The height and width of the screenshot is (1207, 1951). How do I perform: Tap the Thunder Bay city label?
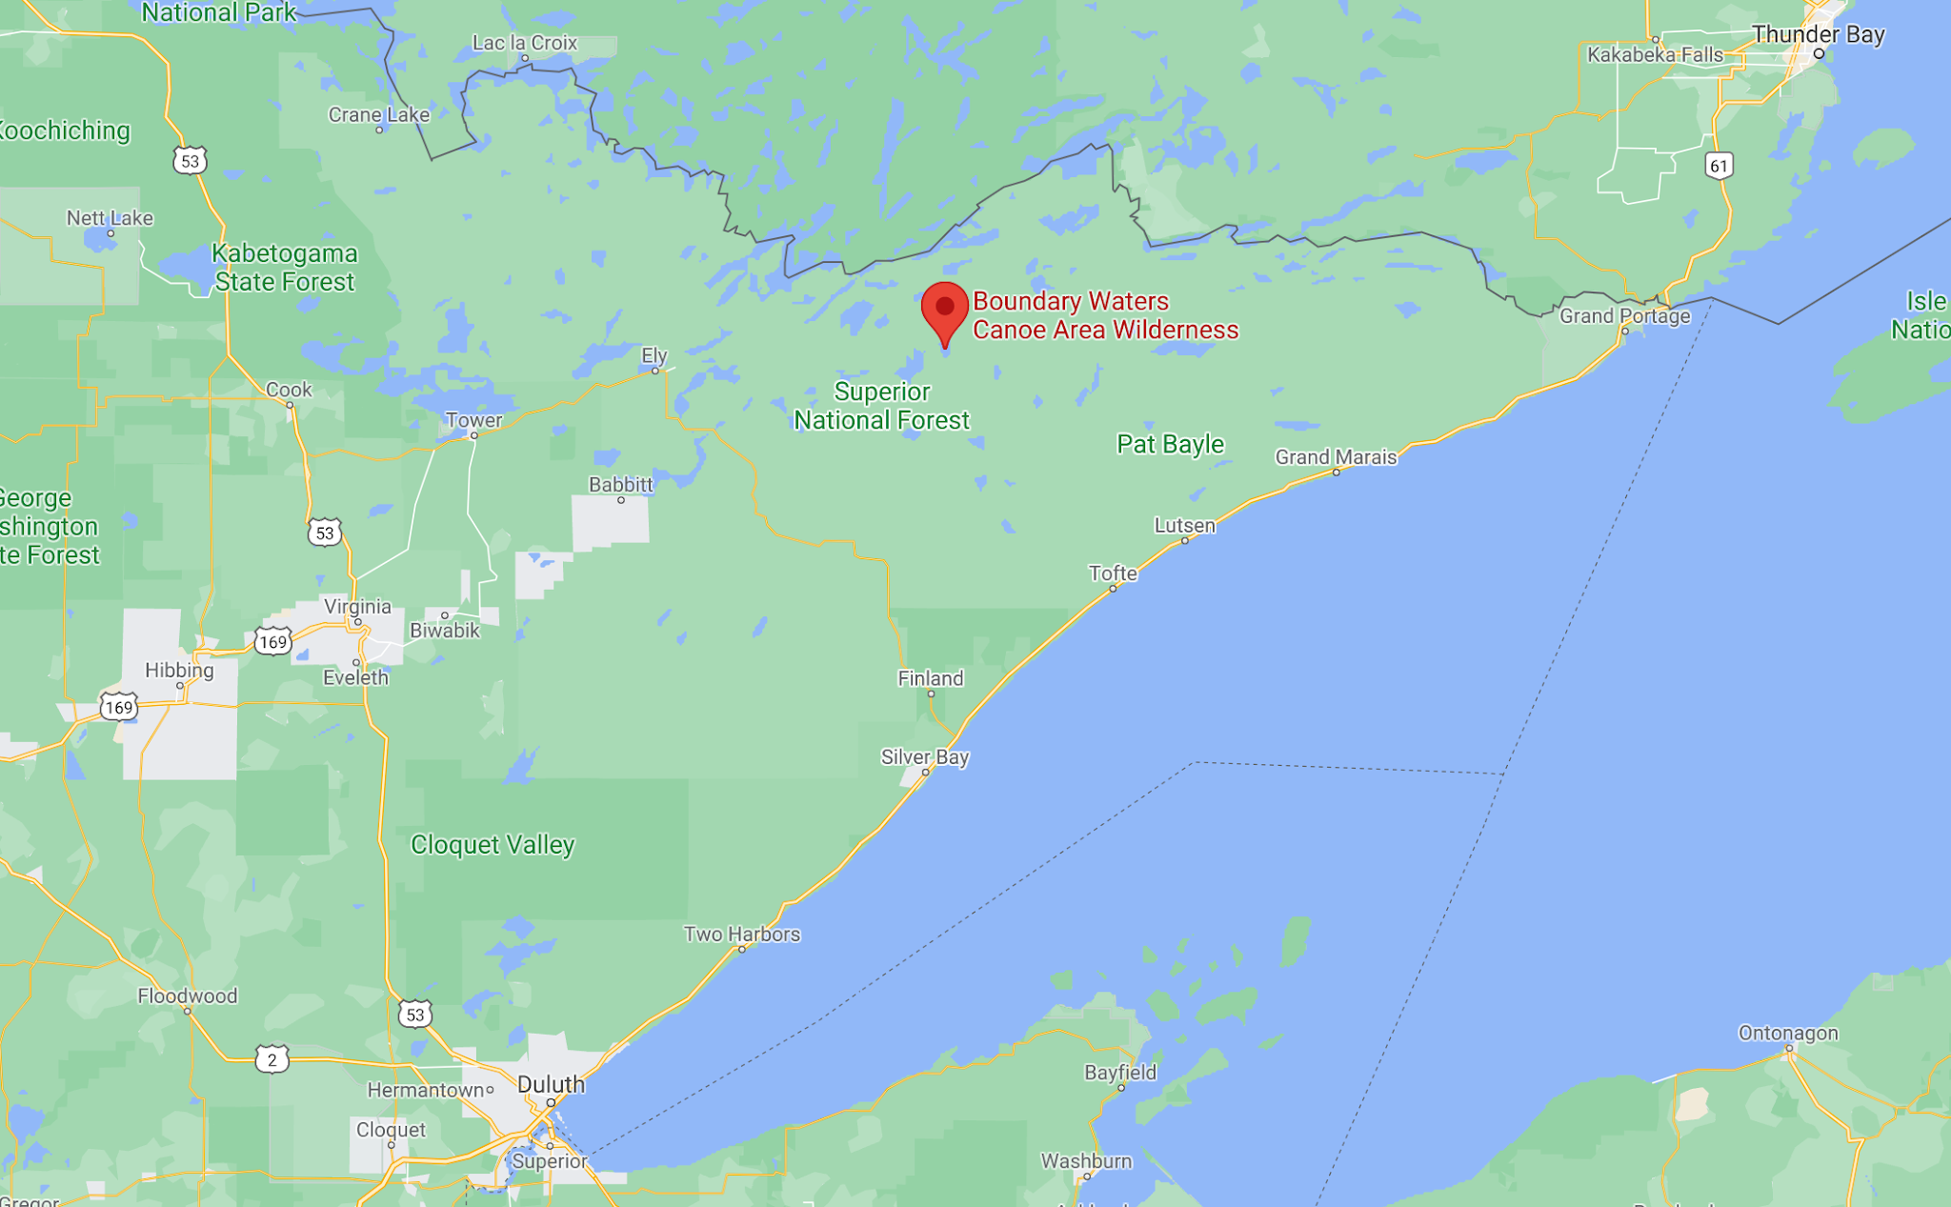1818,34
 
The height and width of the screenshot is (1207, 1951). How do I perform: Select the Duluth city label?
551,1084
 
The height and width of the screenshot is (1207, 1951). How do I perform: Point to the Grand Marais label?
1336,457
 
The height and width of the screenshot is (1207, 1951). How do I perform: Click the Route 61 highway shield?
1719,166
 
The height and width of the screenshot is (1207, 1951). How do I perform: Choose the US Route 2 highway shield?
272,1059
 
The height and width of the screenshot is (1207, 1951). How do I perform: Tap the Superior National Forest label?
882,406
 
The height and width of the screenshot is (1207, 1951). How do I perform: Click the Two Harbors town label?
742,934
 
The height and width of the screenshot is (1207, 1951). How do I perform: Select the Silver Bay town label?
924,756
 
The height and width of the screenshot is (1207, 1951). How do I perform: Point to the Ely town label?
654,355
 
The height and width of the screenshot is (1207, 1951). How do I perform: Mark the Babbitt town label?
621,484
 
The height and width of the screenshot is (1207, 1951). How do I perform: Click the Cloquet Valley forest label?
493,845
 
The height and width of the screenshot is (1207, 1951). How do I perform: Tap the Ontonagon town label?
1788,1033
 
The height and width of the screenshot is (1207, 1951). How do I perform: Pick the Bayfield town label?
1120,1073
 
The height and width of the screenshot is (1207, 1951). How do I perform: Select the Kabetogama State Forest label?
284,268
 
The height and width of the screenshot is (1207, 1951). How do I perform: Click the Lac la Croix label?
525,43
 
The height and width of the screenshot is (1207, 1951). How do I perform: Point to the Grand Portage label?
1624,315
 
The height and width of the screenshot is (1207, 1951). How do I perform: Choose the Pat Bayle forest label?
1170,444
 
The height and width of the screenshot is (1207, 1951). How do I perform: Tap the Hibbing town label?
179,670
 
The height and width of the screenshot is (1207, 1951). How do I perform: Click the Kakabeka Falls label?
1655,54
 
